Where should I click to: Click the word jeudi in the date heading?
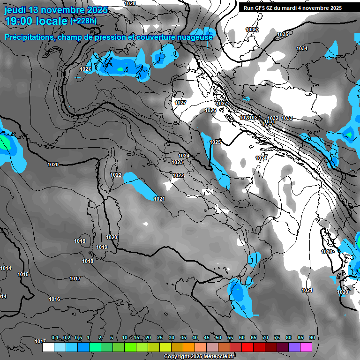15,10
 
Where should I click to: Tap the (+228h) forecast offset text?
83,21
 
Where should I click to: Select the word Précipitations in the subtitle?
29,37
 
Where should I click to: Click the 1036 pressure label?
251,30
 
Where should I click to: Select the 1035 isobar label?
283,35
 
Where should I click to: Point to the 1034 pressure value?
302,49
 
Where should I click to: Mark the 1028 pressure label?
130,3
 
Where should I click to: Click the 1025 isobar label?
215,142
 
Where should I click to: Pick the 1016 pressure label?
54,299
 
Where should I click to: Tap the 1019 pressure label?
102,247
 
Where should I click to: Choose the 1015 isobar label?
23,274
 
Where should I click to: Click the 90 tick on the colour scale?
312,337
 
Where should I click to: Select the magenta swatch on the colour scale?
306,347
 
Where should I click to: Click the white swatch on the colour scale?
48,347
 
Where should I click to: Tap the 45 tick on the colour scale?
207,337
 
